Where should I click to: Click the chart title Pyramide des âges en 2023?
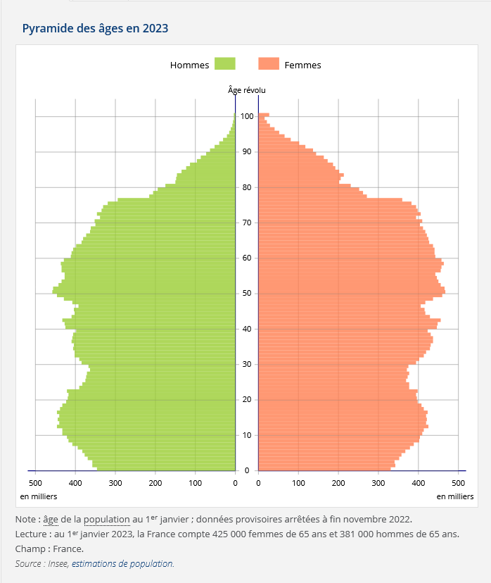[x=95, y=29]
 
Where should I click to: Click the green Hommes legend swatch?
[x=224, y=64]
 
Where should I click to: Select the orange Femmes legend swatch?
[x=269, y=64]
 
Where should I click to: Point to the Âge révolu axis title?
[x=247, y=90]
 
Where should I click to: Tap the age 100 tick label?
[x=247, y=116]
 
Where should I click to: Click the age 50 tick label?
[x=247, y=294]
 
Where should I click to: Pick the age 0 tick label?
[x=247, y=470]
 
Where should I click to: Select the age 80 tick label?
[x=247, y=187]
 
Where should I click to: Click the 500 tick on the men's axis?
[x=35, y=483]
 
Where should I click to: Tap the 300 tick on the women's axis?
[x=378, y=483]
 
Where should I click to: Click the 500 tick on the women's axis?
[x=459, y=483]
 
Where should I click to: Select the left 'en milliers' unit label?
[x=38, y=496]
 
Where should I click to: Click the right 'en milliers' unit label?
[x=455, y=496]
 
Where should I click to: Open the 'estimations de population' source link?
[x=122, y=563]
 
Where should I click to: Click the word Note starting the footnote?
[x=26, y=519]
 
